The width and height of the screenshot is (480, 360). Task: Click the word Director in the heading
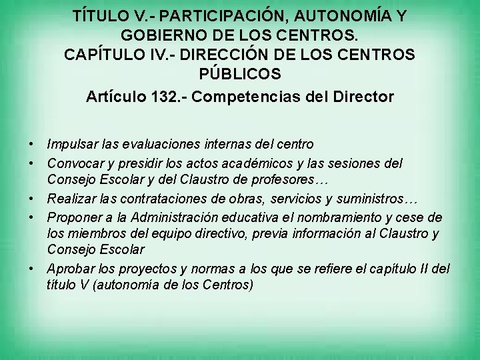pyautogui.click(x=364, y=97)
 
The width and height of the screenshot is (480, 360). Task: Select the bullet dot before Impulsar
pyautogui.click(x=32, y=144)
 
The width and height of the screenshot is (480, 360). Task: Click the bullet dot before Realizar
pyautogui.click(x=32, y=199)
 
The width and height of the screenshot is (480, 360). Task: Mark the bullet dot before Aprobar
pyautogui.click(x=32, y=269)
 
